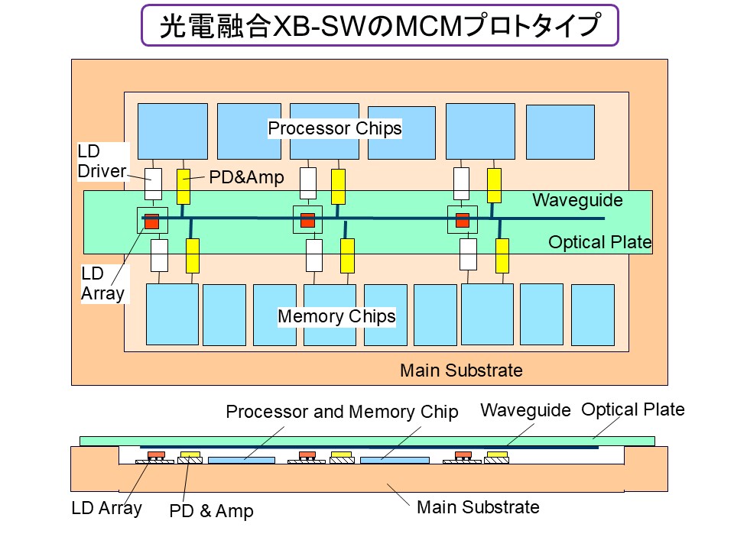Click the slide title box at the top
pos(379,26)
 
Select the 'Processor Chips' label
pos(335,128)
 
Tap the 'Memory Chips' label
pos(336,316)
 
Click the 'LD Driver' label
pos(101,162)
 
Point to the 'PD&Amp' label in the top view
pos(246,177)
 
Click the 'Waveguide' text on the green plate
pos(577,201)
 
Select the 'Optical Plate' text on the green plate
pos(599,243)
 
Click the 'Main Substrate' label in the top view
pos(461,370)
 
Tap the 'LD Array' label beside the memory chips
pos(102,283)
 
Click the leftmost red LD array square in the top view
pos(151,221)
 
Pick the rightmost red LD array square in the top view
pos(463,221)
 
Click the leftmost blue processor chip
pos(172,131)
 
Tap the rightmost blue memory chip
pos(593,315)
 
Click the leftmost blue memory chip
pos(172,314)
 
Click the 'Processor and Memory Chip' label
pos(342,412)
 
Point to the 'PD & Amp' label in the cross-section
pos(211,511)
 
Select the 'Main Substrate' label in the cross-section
pos(478,506)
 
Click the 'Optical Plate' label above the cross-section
pos(633,409)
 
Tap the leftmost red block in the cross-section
pos(156,455)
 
